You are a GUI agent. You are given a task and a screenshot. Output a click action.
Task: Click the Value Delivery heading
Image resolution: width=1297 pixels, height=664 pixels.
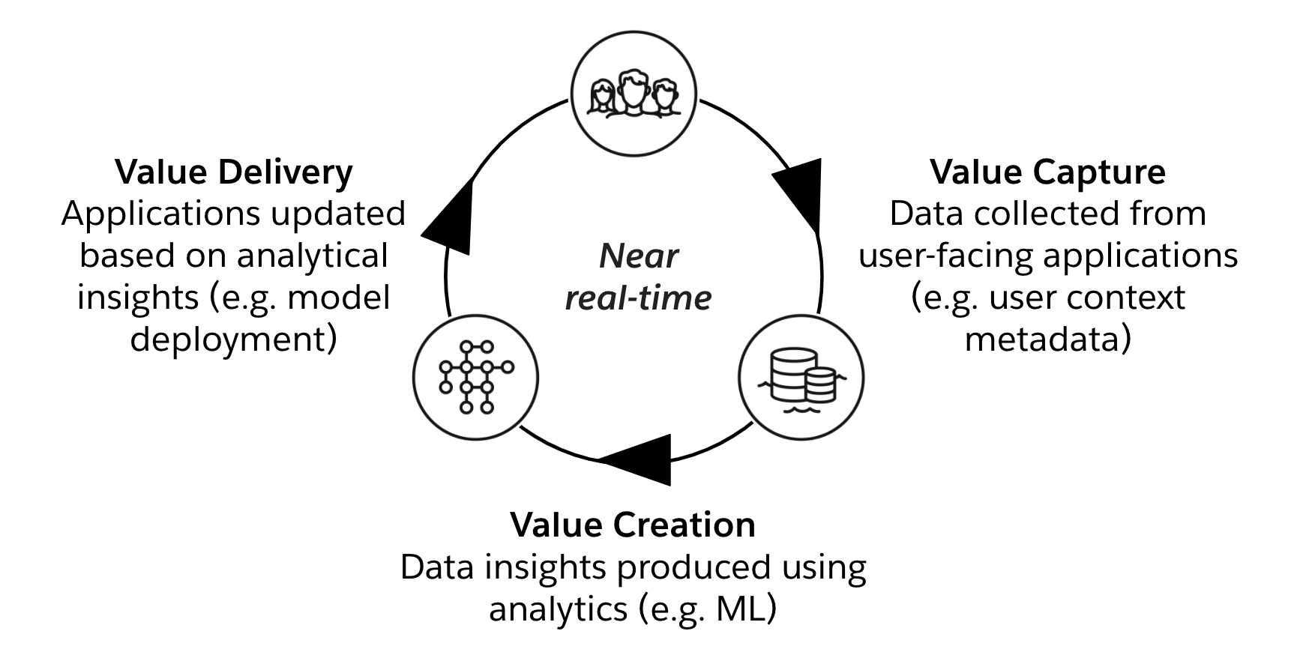233,172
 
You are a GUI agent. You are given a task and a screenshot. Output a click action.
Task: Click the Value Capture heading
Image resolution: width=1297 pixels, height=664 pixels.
1047,172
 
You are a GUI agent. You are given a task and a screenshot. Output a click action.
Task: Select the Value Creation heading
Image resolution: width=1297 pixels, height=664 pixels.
633,525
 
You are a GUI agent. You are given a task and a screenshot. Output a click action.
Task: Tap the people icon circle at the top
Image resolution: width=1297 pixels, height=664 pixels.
634,93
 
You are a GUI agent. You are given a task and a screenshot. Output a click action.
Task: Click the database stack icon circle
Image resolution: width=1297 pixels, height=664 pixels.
801,377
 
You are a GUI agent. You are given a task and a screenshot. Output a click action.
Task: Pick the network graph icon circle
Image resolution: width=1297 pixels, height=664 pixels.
475,376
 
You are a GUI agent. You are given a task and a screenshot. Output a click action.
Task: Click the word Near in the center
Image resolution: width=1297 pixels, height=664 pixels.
639,256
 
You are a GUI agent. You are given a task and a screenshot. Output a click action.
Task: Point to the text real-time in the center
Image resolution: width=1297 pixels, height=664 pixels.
638,298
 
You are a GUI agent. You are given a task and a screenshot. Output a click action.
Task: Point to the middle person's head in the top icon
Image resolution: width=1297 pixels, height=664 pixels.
634,85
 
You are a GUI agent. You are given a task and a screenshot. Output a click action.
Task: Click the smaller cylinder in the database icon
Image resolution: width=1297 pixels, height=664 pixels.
820,385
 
